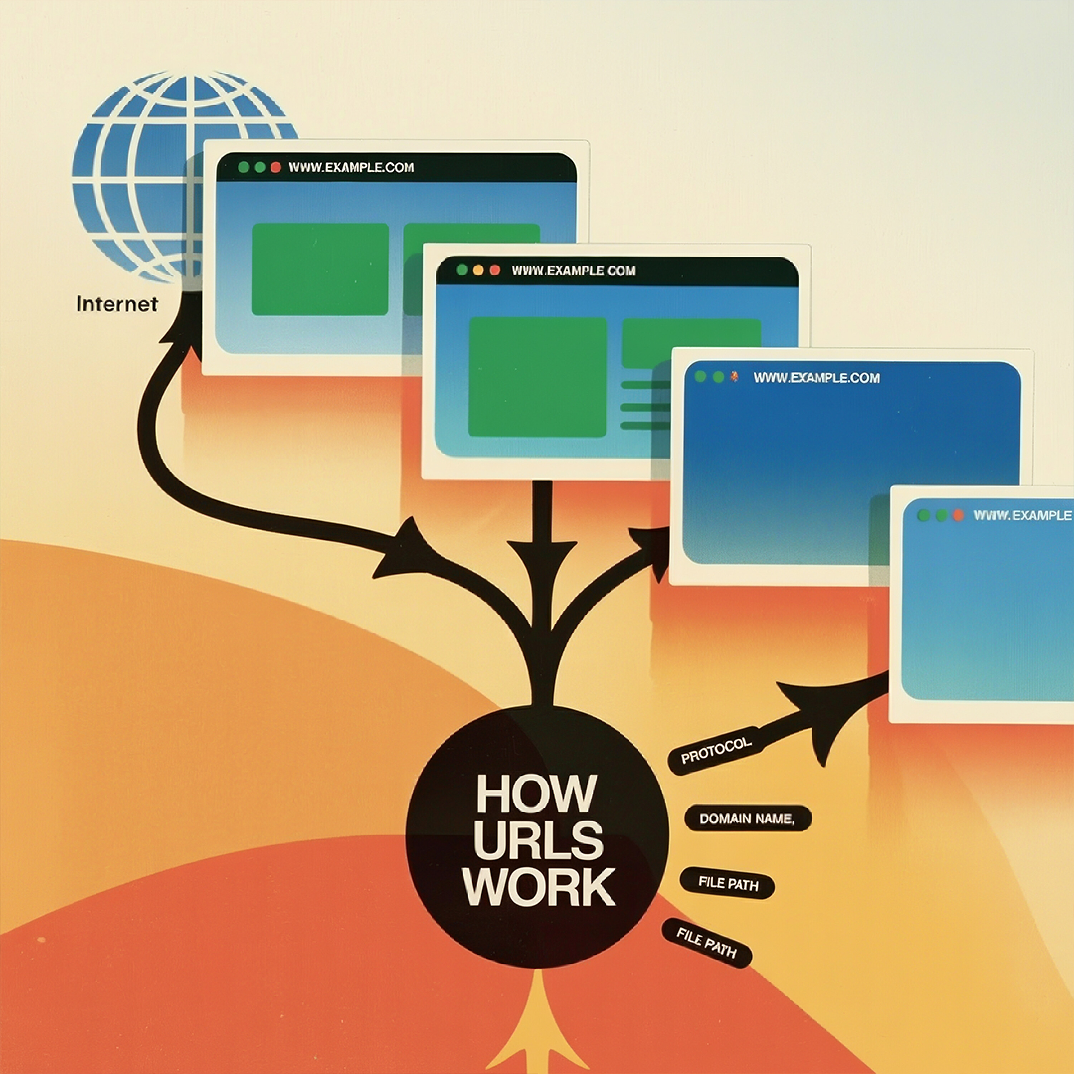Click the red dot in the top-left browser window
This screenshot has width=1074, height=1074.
276,167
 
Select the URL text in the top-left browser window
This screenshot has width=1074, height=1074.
351,167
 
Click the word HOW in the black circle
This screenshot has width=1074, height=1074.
536,794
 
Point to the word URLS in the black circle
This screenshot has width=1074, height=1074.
538,840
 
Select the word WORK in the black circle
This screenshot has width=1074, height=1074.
539,886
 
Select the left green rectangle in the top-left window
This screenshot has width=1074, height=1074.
320,270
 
